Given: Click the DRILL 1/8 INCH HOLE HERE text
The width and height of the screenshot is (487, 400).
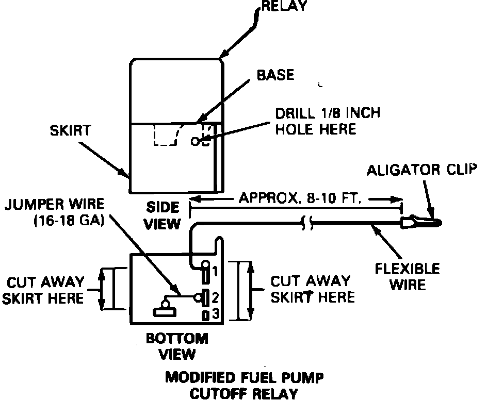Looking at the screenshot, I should (327, 121).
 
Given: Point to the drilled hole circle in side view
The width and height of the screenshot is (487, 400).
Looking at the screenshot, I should (194, 140).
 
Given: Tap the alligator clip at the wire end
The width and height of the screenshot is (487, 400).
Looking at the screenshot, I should (421, 222).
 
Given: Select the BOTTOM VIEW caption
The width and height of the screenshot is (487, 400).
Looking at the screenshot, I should (177, 346).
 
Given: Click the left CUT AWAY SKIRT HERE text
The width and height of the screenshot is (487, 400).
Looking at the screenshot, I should (45, 290).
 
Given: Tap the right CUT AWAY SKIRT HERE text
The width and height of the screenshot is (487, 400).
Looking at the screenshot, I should (313, 289).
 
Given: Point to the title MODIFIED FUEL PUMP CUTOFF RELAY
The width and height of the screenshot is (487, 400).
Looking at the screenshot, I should (245, 386).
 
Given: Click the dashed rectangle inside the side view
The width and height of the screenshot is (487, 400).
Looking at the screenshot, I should (165, 135).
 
